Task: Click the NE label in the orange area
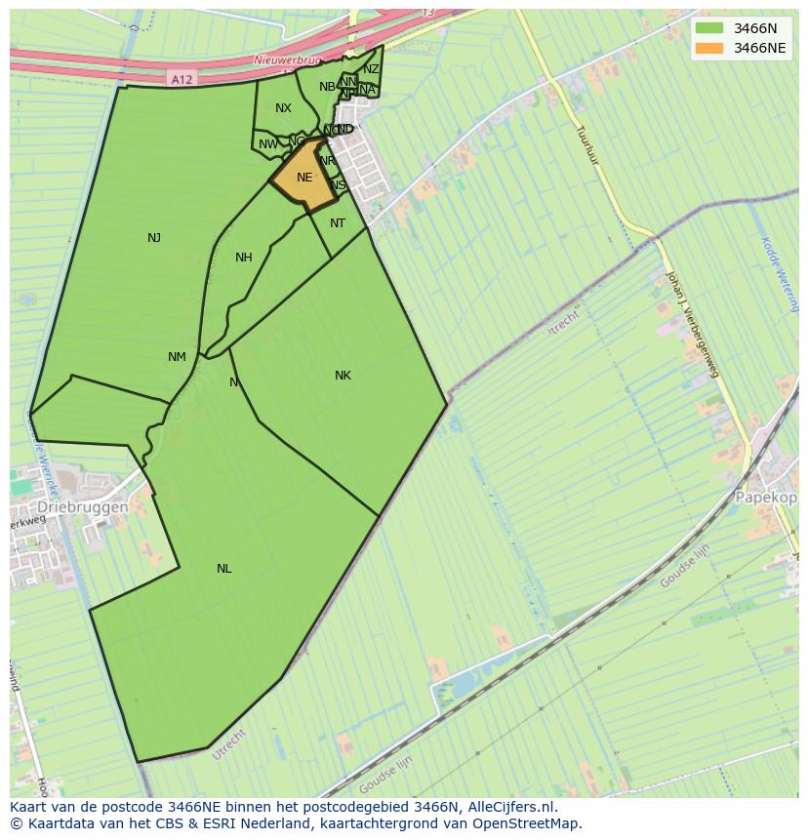pos(304,178)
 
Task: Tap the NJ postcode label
pos(154,238)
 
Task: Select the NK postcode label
pos(343,376)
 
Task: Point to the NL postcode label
pos(224,569)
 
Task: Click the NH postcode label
pos(244,258)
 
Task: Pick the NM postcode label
pos(177,357)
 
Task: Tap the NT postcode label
pos(338,223)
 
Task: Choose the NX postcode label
pos(283,108)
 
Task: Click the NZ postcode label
pos(371,69)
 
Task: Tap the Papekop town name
pos(767,497)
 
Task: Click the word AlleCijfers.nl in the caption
pos(511,808)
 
